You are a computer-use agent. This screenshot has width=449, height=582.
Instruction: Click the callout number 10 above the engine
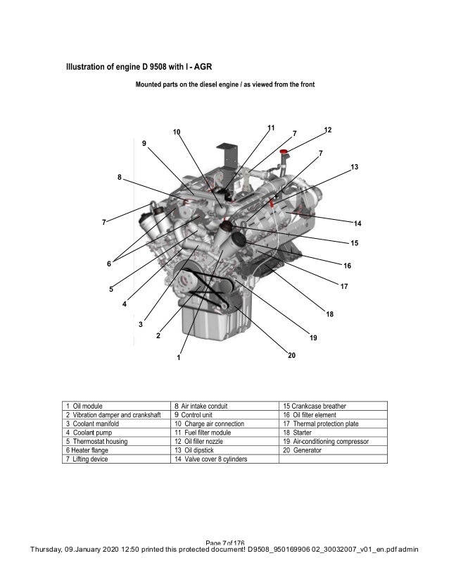click(176, 132)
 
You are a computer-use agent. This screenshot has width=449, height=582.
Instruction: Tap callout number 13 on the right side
click(354, 167)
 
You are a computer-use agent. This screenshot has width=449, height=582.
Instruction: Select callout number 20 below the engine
click(291, 356)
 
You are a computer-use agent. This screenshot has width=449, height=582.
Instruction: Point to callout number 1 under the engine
click(179, 357)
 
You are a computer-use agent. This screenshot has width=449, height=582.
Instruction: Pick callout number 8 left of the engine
click(120, 177)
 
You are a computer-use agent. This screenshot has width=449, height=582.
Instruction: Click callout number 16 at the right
click(347, 266)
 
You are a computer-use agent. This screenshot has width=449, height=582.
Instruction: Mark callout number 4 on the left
click(124, 305)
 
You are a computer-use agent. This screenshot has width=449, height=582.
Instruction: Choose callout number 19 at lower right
click(313, 338)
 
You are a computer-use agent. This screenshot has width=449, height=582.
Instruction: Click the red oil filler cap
click(284, 152)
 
